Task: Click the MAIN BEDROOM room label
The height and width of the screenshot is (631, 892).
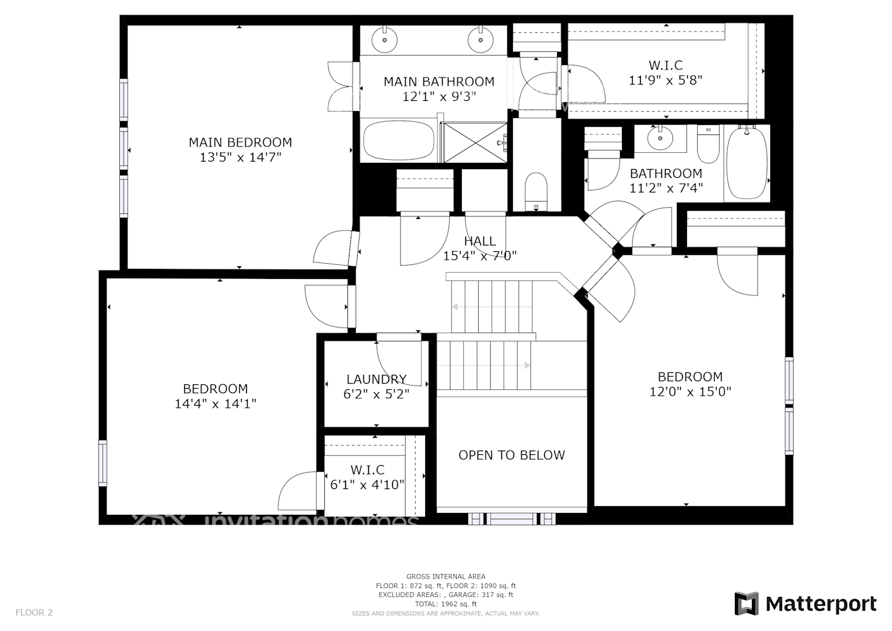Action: pyautogui.click(x=240, y=143)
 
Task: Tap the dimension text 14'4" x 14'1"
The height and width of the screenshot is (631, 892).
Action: pyautogui.click(x=215, y=404)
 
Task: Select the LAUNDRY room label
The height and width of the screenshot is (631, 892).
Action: pyautogui.click(x=376, y=379)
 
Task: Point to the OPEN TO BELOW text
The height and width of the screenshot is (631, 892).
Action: pyautogui.click(x=512, y=455)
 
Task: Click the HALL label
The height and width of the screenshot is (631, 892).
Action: pyautogui.click(x=479, y=241)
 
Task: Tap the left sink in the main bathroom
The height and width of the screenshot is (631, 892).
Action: pyautogui.click(x=384, y=40)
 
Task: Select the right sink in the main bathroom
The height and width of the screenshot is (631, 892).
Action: pyautogui.click(x=480, y=40)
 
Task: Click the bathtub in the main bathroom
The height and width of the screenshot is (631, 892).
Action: pyautogui.click(x=399, y=141)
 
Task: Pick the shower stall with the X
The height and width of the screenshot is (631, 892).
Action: pyautogui.click(x=474, y=142)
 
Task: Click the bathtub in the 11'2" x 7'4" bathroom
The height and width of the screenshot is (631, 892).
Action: pyautogui.click(x=748, y=162)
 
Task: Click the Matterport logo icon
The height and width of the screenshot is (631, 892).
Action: pyautogui.click(x=747, y=604)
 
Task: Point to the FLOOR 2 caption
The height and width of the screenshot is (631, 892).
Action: pyautogui.click(x=34, y=612)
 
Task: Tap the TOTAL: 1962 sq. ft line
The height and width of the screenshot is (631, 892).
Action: pyautogui.click(x=445, y=604)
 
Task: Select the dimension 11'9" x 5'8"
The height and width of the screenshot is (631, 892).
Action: pyautogui.click(x=666, y=80)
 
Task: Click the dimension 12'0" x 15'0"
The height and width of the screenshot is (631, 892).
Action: pyautogui.click(x=690, y=392)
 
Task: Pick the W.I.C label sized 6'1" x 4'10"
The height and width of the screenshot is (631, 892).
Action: pyautogui.click(x=367, y=470)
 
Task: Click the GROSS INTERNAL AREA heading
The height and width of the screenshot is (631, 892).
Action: pyautogui.click(x=445, y=576)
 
